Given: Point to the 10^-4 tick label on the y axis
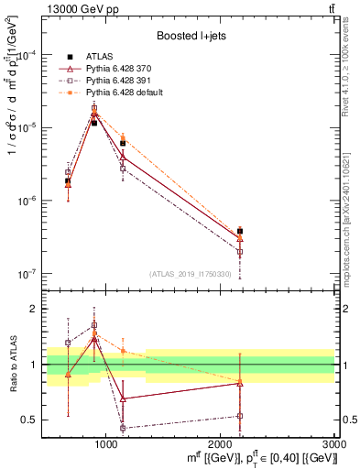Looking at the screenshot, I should tap(28, 54).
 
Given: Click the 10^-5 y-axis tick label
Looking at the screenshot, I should tap(28, 127).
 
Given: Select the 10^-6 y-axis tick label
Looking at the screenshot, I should tap(28, 201).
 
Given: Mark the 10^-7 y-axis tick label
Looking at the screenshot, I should tap(28, 274).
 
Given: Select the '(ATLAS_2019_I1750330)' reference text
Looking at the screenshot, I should tap(193, 274).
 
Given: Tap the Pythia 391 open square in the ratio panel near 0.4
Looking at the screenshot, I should tap(123, 428).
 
